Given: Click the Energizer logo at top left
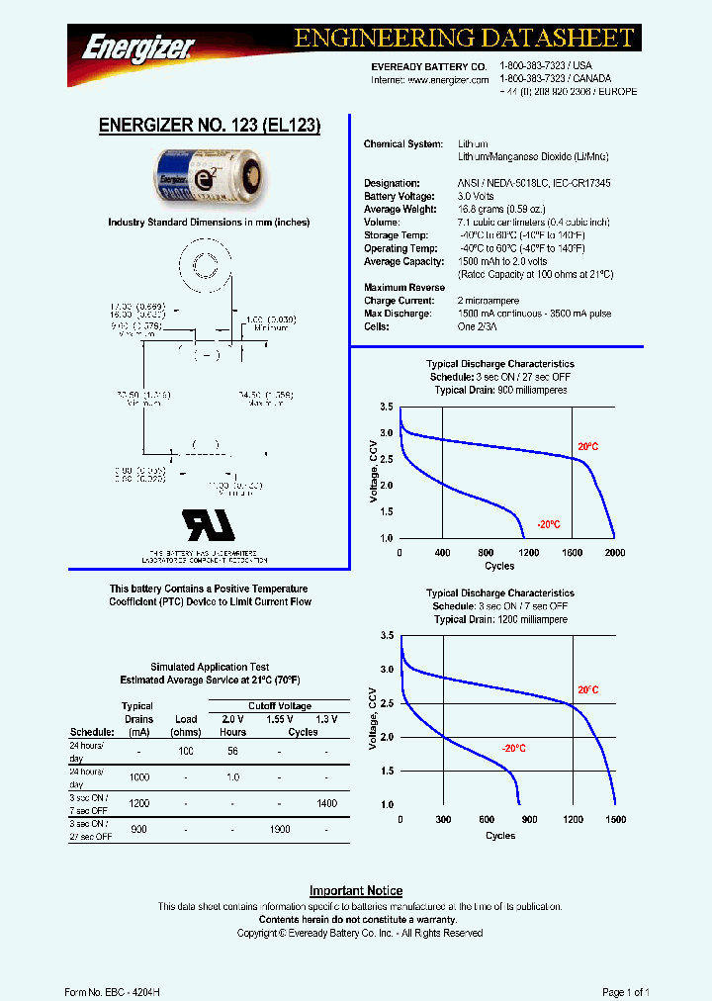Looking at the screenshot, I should (x=137, y=45).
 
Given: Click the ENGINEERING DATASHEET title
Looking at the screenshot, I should (x=464, y=39).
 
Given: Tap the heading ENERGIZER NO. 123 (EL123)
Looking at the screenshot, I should (x=210, y=126).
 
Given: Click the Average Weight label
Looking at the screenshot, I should (x=397, y=210).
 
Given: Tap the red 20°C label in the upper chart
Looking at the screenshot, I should (x=587, y=447).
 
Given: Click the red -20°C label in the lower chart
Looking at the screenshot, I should (x=512, y=749).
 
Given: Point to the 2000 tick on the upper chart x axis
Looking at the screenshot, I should (x=615, y=553).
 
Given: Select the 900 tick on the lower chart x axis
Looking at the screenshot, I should (x=529, y=820).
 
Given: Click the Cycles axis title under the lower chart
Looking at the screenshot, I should (x=500, y=836).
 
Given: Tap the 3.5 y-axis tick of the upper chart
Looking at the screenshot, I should (x=387, y=408).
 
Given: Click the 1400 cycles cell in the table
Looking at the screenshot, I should (x=327, y=804).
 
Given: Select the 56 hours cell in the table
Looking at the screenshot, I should (x=233, y=751).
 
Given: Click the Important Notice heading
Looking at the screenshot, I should (x=356, y=891).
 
